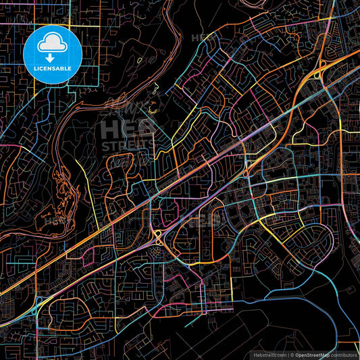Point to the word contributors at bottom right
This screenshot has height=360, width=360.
(343, 354)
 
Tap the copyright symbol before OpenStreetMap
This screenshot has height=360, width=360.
(292, 354)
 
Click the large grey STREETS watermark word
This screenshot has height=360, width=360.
(127, 145)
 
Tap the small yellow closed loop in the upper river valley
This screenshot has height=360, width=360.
(140, 61)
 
